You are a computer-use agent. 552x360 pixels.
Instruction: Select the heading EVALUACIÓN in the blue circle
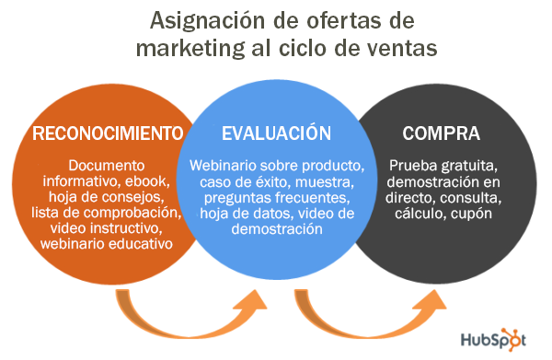[x=277, y=134]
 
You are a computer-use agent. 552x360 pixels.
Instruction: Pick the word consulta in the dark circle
[x=472, y=197]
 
